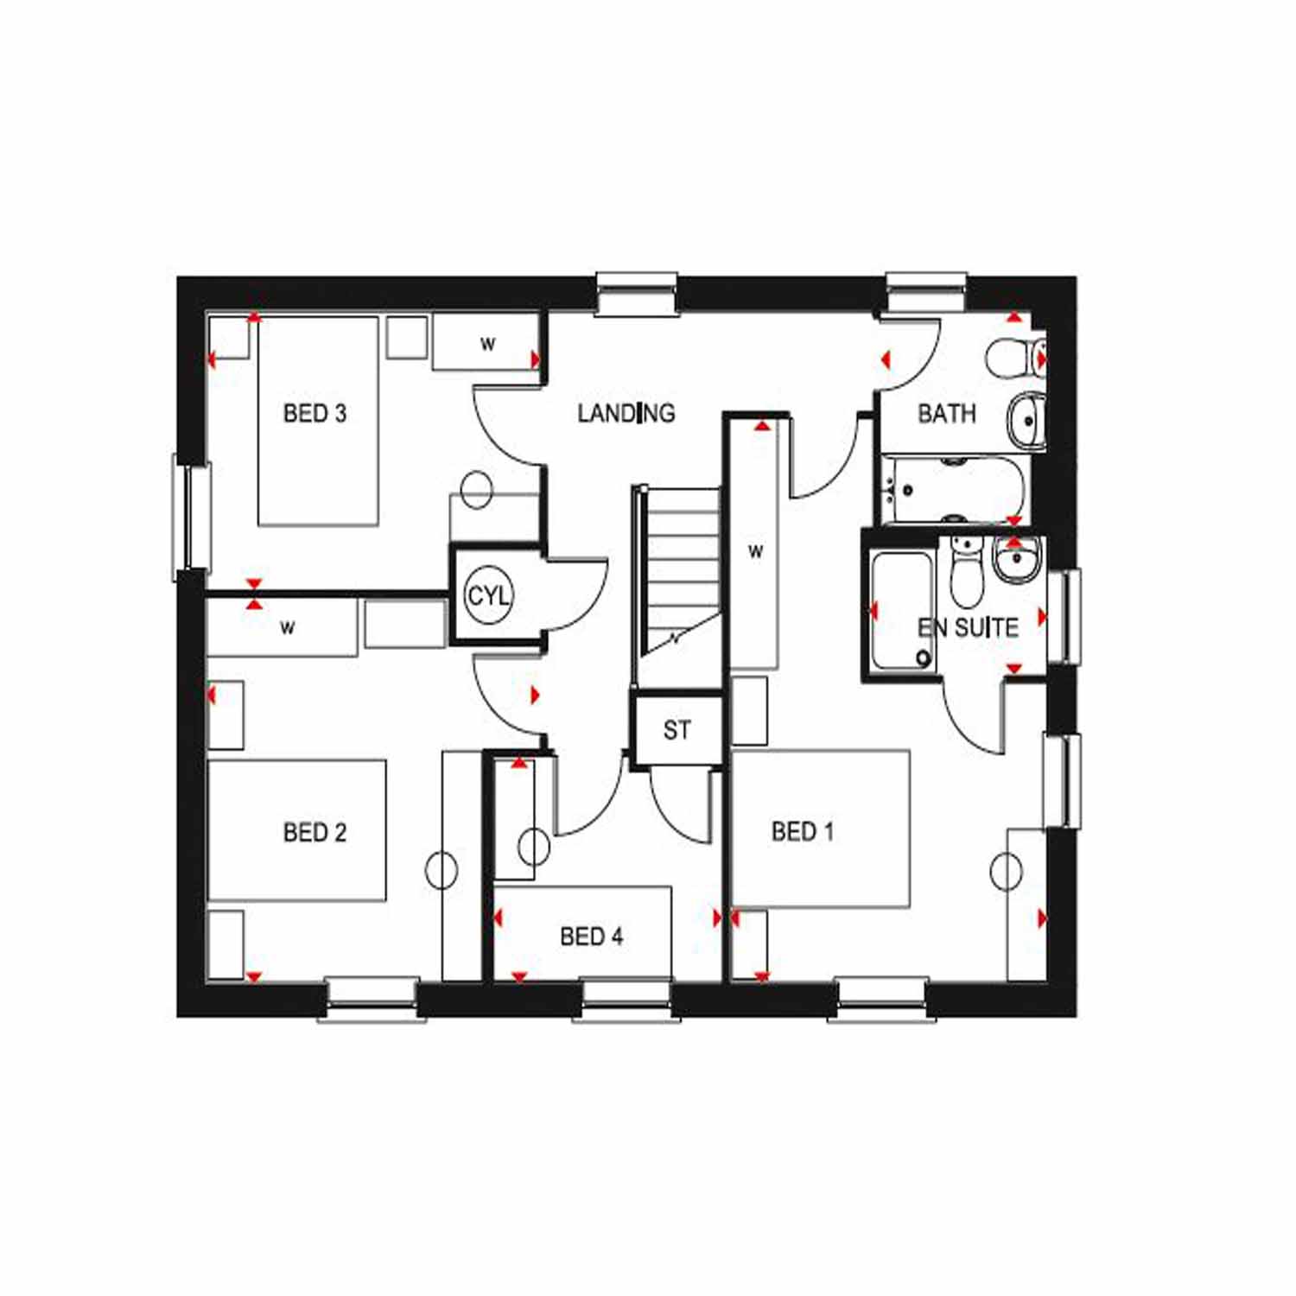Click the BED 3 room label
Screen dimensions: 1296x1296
coord(314,413)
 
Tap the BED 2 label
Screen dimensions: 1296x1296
coord(314,832)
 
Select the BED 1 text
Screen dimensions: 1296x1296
coord(803,831)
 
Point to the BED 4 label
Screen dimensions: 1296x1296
coord(591,936)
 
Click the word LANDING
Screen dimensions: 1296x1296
coord(626,413)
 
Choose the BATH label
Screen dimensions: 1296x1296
coord(947,413)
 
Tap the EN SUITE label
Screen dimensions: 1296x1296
coord(968,627)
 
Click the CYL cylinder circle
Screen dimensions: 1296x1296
coord(488,595)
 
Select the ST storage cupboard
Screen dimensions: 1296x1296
coord(677,730)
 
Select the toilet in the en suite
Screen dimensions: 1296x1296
coord(967,572)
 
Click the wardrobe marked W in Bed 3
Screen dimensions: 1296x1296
coord(486,343)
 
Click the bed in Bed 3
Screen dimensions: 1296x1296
coord(318,421)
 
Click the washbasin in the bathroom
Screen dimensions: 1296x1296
coord(1027,421)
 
